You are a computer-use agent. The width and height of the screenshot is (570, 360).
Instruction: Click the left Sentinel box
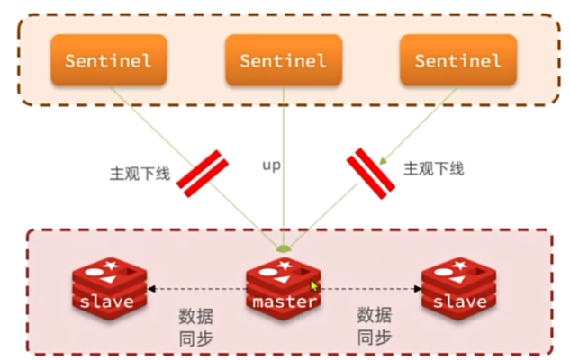(x=109, y=60)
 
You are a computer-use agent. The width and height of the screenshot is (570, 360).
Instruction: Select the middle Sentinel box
(x=284, y=60)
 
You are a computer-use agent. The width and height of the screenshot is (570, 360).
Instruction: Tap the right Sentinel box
(x=457, y=60)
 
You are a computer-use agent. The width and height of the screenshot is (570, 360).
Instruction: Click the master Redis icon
(x=284, y=286)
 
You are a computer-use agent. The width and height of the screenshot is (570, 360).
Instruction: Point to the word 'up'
(x=271, y=165)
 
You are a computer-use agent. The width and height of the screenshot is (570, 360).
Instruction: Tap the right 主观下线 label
(x=434, y=168)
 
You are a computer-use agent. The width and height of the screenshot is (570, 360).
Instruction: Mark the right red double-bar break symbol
(x=371, y=171)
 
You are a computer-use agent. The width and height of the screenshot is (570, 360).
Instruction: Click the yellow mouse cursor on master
(x=314, y=286)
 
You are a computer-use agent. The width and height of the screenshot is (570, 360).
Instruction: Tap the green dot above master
(x=284, y=247)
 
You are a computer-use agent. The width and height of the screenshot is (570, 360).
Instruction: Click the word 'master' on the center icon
(x=284, y=301)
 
